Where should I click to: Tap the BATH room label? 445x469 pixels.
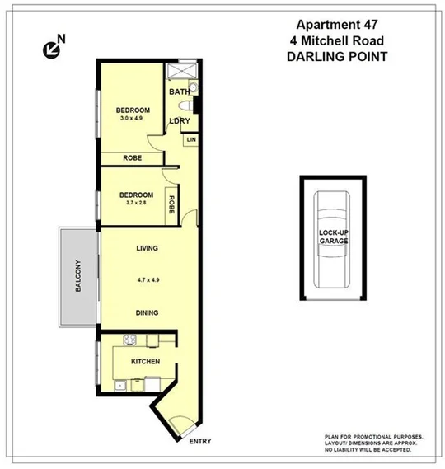click(179, 91)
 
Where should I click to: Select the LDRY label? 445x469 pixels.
click(180, 121)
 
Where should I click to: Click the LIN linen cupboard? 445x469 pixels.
click(191, 140)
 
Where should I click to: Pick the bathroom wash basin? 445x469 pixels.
click(194, 87)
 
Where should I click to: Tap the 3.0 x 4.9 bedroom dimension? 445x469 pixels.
click(132, 120)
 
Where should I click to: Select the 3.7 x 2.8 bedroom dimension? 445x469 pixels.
click(132, 203)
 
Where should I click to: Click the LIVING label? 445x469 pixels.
click(147, 248)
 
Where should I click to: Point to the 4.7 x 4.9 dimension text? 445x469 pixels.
click(147, 280)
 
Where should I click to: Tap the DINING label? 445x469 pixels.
click(147, 312)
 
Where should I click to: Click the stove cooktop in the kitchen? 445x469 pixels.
click(129, 340)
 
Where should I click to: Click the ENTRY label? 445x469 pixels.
click(200, 442)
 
